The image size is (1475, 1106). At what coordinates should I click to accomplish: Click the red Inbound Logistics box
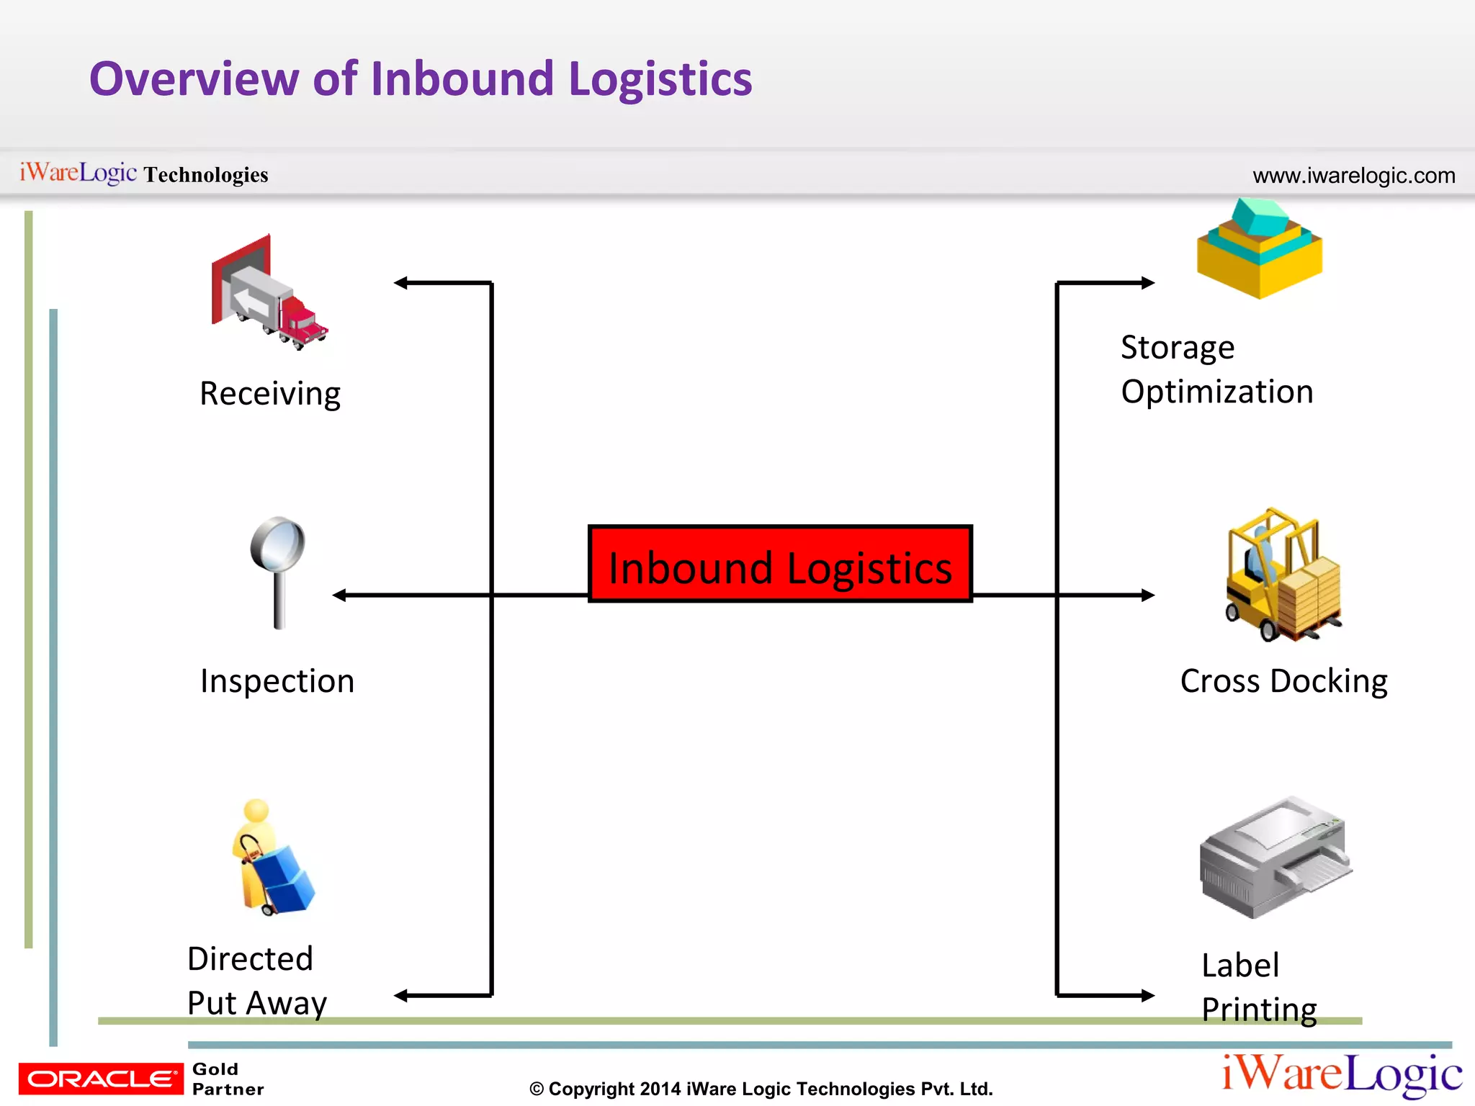(x=780, y=564)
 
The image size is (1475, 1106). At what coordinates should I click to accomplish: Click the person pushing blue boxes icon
(x=272, y=858)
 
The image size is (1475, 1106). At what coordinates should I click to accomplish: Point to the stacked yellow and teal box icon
(x=1259, y=251)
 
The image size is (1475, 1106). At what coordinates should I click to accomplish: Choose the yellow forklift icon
(x=1282, y=576)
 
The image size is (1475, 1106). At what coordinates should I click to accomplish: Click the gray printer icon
(x=1273, y=858)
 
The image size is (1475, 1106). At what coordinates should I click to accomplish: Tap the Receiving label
(x=270, y=394)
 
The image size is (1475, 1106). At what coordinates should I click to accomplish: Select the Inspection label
(x=277, y=681)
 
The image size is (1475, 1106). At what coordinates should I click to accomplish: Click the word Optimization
(x=1217, y=392)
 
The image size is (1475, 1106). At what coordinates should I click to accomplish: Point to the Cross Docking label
(x=1283, y=681)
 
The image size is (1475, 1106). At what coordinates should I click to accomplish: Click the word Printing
(x=1259, y=1010)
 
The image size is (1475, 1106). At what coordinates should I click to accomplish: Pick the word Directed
(x=250, y=959)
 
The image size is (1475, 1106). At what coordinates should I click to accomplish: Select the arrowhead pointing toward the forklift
(x=1147, y=595)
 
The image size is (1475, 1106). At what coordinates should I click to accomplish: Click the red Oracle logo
(x=101, y=1079)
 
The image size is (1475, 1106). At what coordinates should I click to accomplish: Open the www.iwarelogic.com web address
(x=1353, y=176)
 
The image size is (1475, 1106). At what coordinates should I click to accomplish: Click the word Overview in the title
(x=194, y=78)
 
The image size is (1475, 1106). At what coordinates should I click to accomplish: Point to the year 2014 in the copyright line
(x=660, y=1089)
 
